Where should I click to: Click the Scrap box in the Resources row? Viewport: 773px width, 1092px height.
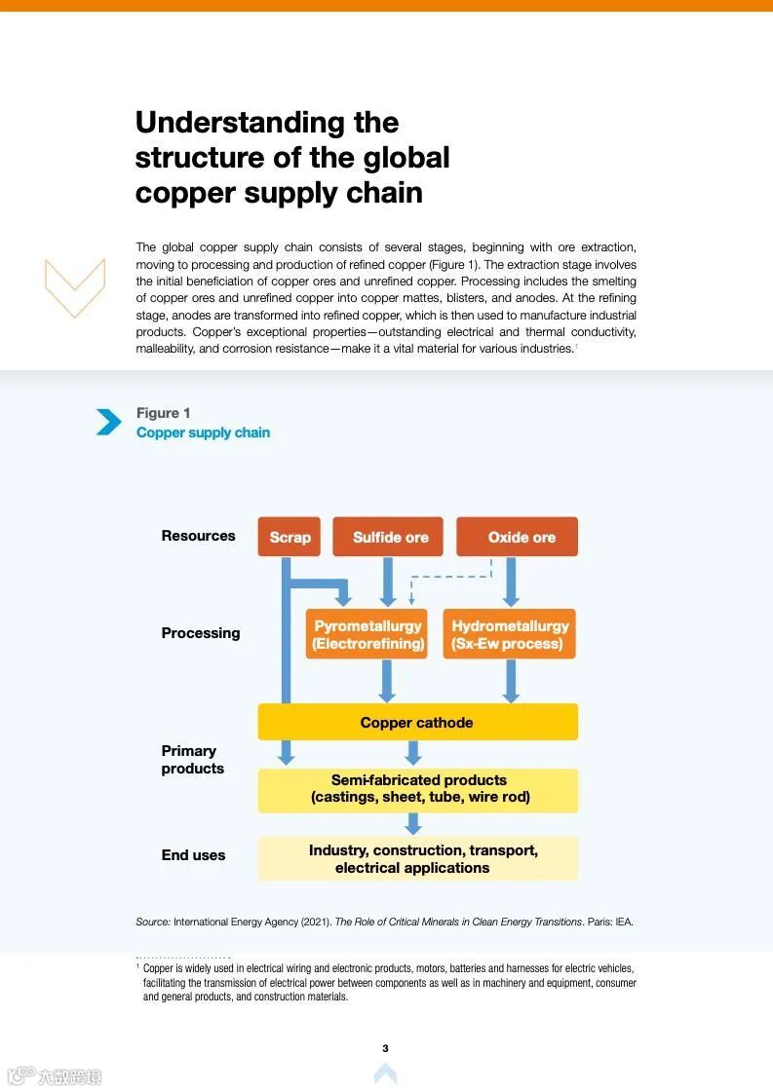point(290,537)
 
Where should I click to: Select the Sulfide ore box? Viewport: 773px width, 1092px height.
point(388,537)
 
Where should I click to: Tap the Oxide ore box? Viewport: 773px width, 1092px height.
point(518,537)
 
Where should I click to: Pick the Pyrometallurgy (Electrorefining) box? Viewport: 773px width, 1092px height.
point(367,634)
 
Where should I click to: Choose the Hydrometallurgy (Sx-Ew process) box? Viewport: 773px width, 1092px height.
point(509,634)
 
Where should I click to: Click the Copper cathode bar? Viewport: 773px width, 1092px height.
point(417,722)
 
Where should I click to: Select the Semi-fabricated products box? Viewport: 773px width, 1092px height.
point(417,789)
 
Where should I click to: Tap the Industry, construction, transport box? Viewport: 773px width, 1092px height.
point(417,858)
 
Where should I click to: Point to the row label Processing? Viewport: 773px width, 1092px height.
point(201,633)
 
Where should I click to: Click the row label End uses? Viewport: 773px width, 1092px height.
point(193,855)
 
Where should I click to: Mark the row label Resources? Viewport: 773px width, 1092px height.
point(198,536)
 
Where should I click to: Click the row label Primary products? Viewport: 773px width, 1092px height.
point(191,760)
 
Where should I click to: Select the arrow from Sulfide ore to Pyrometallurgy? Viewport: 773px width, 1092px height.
point(388,582)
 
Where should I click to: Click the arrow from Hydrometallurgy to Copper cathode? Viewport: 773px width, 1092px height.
point(510,681)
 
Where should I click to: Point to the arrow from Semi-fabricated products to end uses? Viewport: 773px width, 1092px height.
point(413,823)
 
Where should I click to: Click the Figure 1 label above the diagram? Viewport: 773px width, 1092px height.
point(164,413)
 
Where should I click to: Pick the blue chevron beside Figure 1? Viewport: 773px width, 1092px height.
point(108,422)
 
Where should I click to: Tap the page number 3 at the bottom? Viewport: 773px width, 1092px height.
point(385,1048)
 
